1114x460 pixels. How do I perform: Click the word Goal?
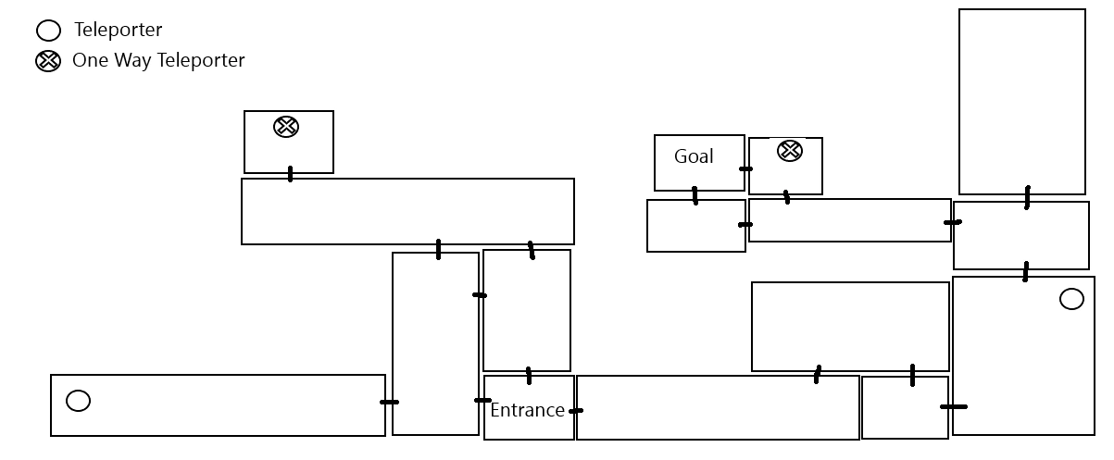[x=694, y=156]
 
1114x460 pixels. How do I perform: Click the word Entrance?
[x=527, y=410]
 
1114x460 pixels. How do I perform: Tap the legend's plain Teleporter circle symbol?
[x=48, y=31]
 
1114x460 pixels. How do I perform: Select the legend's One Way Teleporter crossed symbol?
[x=48, y=62]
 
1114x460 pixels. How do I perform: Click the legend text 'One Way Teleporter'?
[x=158, y=61]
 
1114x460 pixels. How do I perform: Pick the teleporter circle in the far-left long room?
[x=79, y=401]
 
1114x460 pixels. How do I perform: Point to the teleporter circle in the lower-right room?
[x=1071, y=299]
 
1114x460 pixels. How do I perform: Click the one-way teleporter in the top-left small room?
[x=287, y=127]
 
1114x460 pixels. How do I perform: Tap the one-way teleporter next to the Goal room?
[x=790, y=150]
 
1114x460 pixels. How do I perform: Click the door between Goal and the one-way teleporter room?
[x=745, y=169]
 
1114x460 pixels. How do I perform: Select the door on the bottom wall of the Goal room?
[x=695, y=195]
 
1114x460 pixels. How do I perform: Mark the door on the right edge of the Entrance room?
[x=576, y=410]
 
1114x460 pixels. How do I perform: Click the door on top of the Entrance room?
[x=529, y=376]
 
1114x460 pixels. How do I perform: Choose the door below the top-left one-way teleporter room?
[x=291, y=174]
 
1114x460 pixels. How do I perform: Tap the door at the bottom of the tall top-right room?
[x=1027, y=197]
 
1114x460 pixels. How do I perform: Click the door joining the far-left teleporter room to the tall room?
[x=389, y=402]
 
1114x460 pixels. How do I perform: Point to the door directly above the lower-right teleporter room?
[x=1025, y=272]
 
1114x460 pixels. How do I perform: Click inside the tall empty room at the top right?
[x=1021, y=102]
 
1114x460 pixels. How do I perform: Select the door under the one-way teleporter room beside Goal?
[x=787, y=197]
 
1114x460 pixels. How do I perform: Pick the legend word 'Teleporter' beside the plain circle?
[x=119, y=31]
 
